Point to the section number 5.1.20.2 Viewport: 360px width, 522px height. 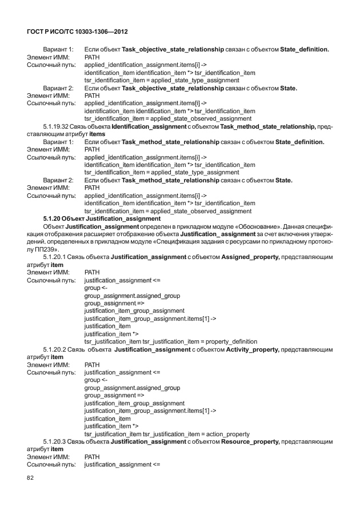click(54, 349)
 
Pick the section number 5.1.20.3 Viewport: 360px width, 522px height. click(54, 441)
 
